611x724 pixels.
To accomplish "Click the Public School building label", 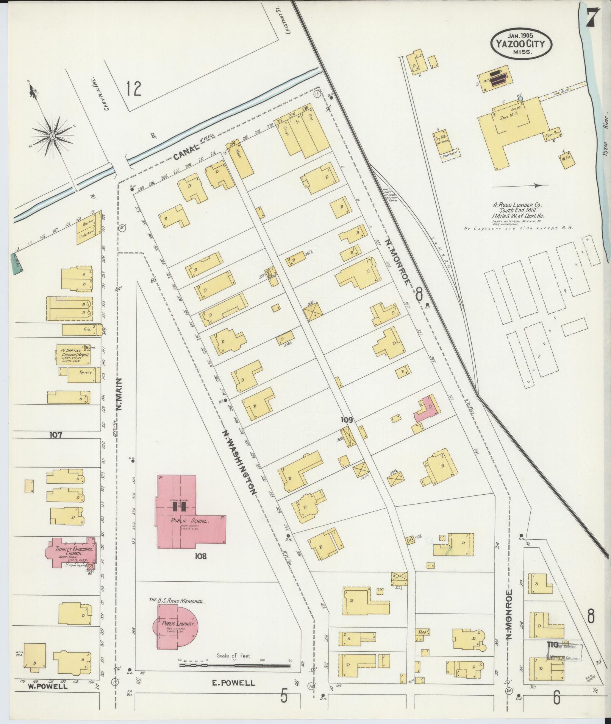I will point(184,520).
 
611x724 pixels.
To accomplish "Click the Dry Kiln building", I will point(441,142).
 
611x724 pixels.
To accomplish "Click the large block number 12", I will point(134,89).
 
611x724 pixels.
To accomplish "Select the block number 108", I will point(200,556).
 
